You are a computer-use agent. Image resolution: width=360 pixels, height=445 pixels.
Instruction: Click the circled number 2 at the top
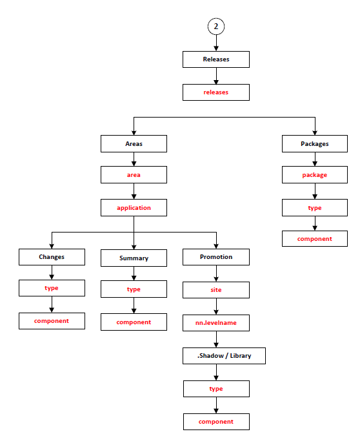(x=216, y=26)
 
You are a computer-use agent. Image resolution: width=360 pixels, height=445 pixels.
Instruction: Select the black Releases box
(x=216, y=59)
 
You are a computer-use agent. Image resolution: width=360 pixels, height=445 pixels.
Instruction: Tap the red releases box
(x=216, y=92)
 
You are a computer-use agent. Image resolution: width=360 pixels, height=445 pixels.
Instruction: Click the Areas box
(x=134, y=143)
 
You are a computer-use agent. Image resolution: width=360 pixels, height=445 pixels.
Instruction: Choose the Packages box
(x=315, y=143)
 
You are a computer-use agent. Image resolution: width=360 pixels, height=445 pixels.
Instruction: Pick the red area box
(x=134, y=175)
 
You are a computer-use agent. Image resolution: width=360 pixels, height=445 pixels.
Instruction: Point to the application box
(x=134, y=208)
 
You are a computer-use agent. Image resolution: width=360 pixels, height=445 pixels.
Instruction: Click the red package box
(x=315, y=175)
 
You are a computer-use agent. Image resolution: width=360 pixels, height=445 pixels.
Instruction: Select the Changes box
(x=52, y=257)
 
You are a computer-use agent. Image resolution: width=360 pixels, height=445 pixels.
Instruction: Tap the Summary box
(x=134, y=258)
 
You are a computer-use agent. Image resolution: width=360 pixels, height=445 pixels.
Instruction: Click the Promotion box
(x=216, y=257)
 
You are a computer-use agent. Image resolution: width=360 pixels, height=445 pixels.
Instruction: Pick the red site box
(x=216, y=290)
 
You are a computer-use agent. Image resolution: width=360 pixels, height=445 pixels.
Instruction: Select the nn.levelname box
(x=216, y=323)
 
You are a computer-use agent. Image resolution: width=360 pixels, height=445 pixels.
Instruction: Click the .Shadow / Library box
(x=225, y=356)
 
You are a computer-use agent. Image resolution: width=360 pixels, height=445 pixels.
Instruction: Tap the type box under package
(x=315, y=208)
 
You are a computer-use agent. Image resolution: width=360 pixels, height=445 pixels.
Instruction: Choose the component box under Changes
(x=52, y=321)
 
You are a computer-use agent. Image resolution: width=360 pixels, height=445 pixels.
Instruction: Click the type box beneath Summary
(x=134, y=289)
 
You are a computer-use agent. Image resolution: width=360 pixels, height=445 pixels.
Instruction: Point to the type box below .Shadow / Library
(x=216, y=389)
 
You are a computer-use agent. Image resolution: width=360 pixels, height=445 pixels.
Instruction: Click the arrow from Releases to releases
(x=216, y=76)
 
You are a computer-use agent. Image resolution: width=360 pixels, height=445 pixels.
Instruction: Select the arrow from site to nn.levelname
(x=216, y=307)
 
